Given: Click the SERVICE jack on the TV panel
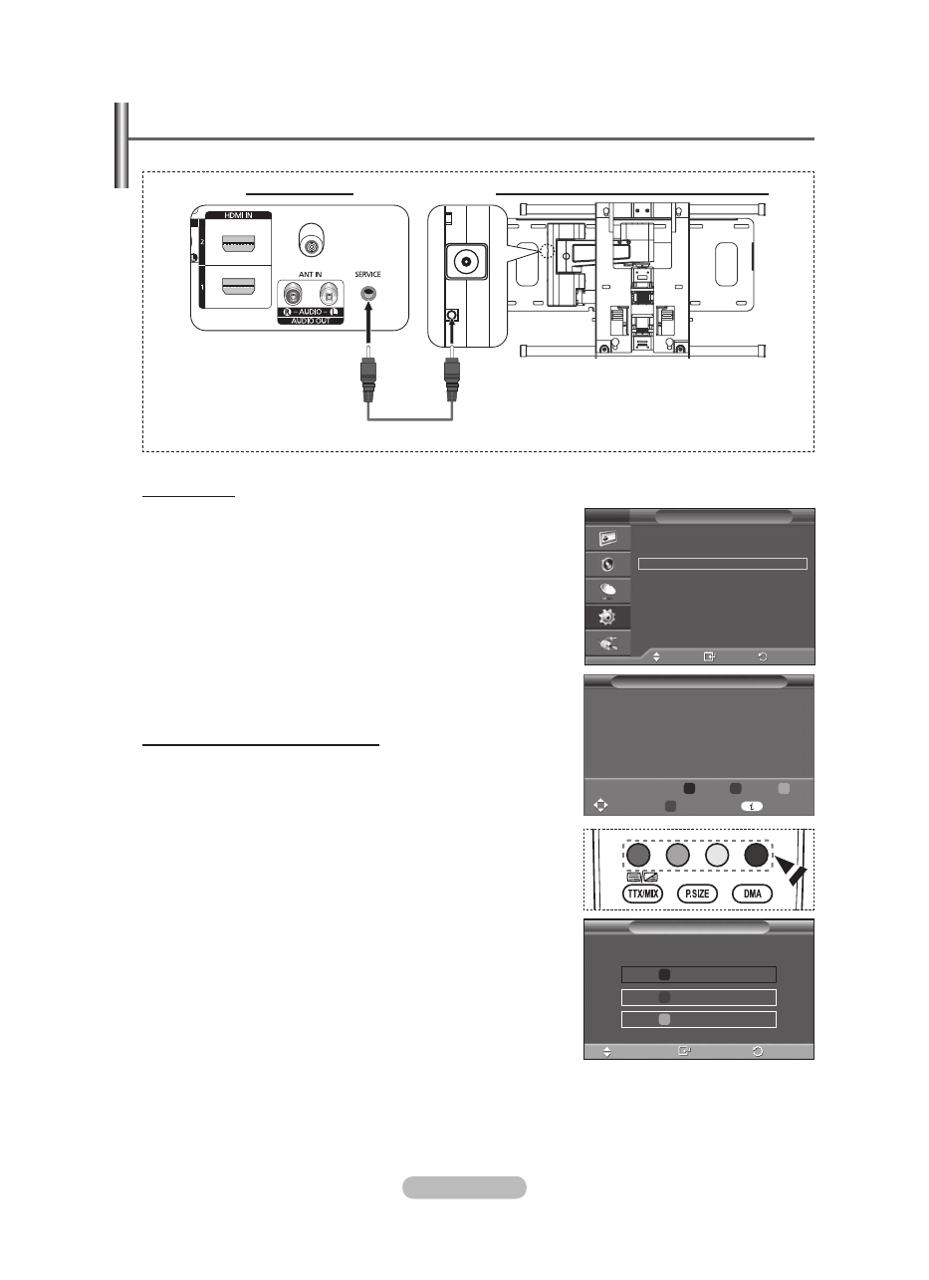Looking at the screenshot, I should [x=369, y=295].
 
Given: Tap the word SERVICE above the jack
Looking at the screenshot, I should [x=369, y=275].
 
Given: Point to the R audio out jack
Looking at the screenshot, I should [x=294, y=295].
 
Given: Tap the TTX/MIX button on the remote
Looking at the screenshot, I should [x=642, y=894].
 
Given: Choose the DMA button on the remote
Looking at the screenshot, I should [x=752, y=894].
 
